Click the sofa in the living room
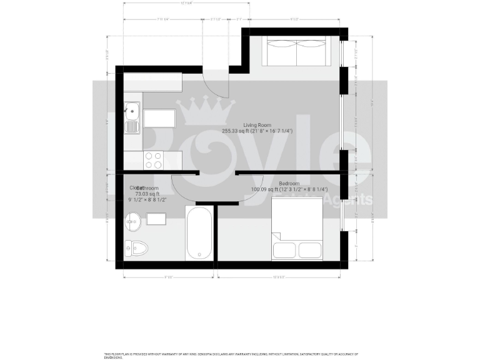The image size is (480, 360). [297, 51]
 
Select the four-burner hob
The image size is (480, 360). [154, 160]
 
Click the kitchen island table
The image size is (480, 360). [159, 120]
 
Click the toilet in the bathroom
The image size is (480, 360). [136, 249]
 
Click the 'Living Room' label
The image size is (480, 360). [257, 126]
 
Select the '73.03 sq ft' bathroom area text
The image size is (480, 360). [147, 194]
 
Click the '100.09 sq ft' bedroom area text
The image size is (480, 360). [266, 189]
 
